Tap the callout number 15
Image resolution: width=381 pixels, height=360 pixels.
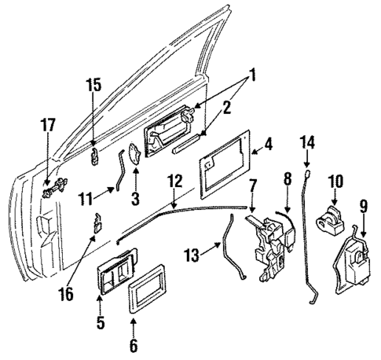(x=93, y=84)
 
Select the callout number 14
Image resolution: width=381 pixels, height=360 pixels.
(x=308, y=141)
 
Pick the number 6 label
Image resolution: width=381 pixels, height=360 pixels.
(x=134, y=345)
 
